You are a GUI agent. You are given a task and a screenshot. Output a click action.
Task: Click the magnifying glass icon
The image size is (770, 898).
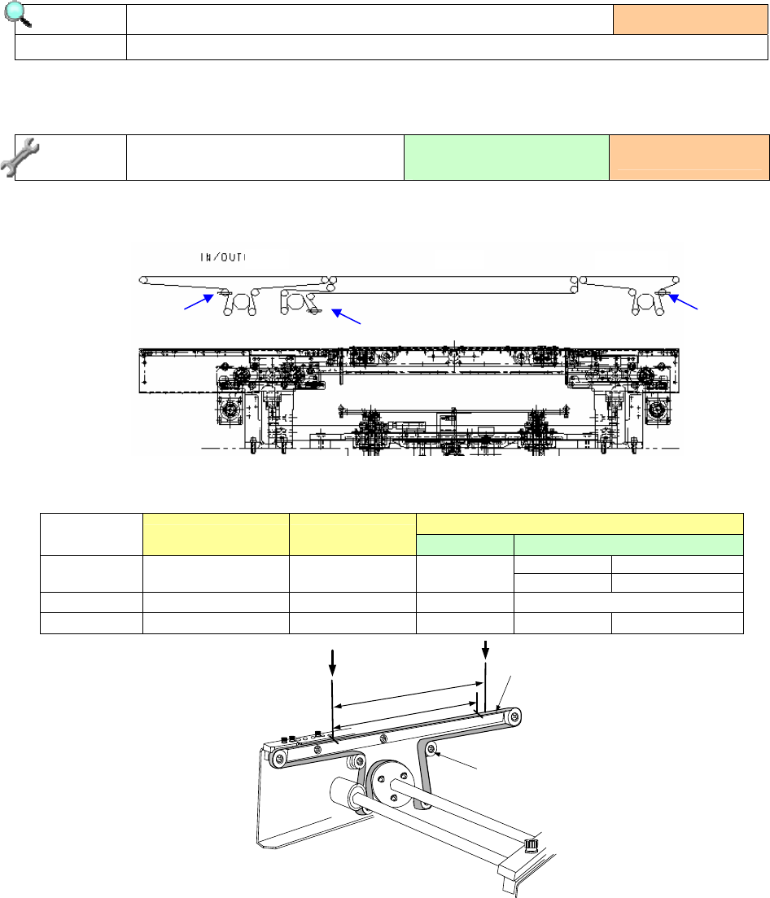coord(17,15)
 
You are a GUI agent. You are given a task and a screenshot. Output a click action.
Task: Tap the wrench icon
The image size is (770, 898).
coord(20,157)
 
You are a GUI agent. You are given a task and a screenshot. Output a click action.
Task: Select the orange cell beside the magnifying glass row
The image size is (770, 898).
coord(690,20)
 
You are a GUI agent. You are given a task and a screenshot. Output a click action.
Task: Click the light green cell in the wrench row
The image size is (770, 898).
coord(506,157)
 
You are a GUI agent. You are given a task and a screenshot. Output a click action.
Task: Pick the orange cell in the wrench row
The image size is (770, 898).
coord(689,157)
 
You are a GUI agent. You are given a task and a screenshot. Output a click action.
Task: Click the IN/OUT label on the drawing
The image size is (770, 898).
coord(223,257)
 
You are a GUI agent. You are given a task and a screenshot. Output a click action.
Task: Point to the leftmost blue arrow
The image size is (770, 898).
coord(199,302)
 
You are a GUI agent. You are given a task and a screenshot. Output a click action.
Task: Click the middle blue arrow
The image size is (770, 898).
coord(346,317)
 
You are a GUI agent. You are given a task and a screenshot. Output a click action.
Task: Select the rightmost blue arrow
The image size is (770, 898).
coord(683,302)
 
